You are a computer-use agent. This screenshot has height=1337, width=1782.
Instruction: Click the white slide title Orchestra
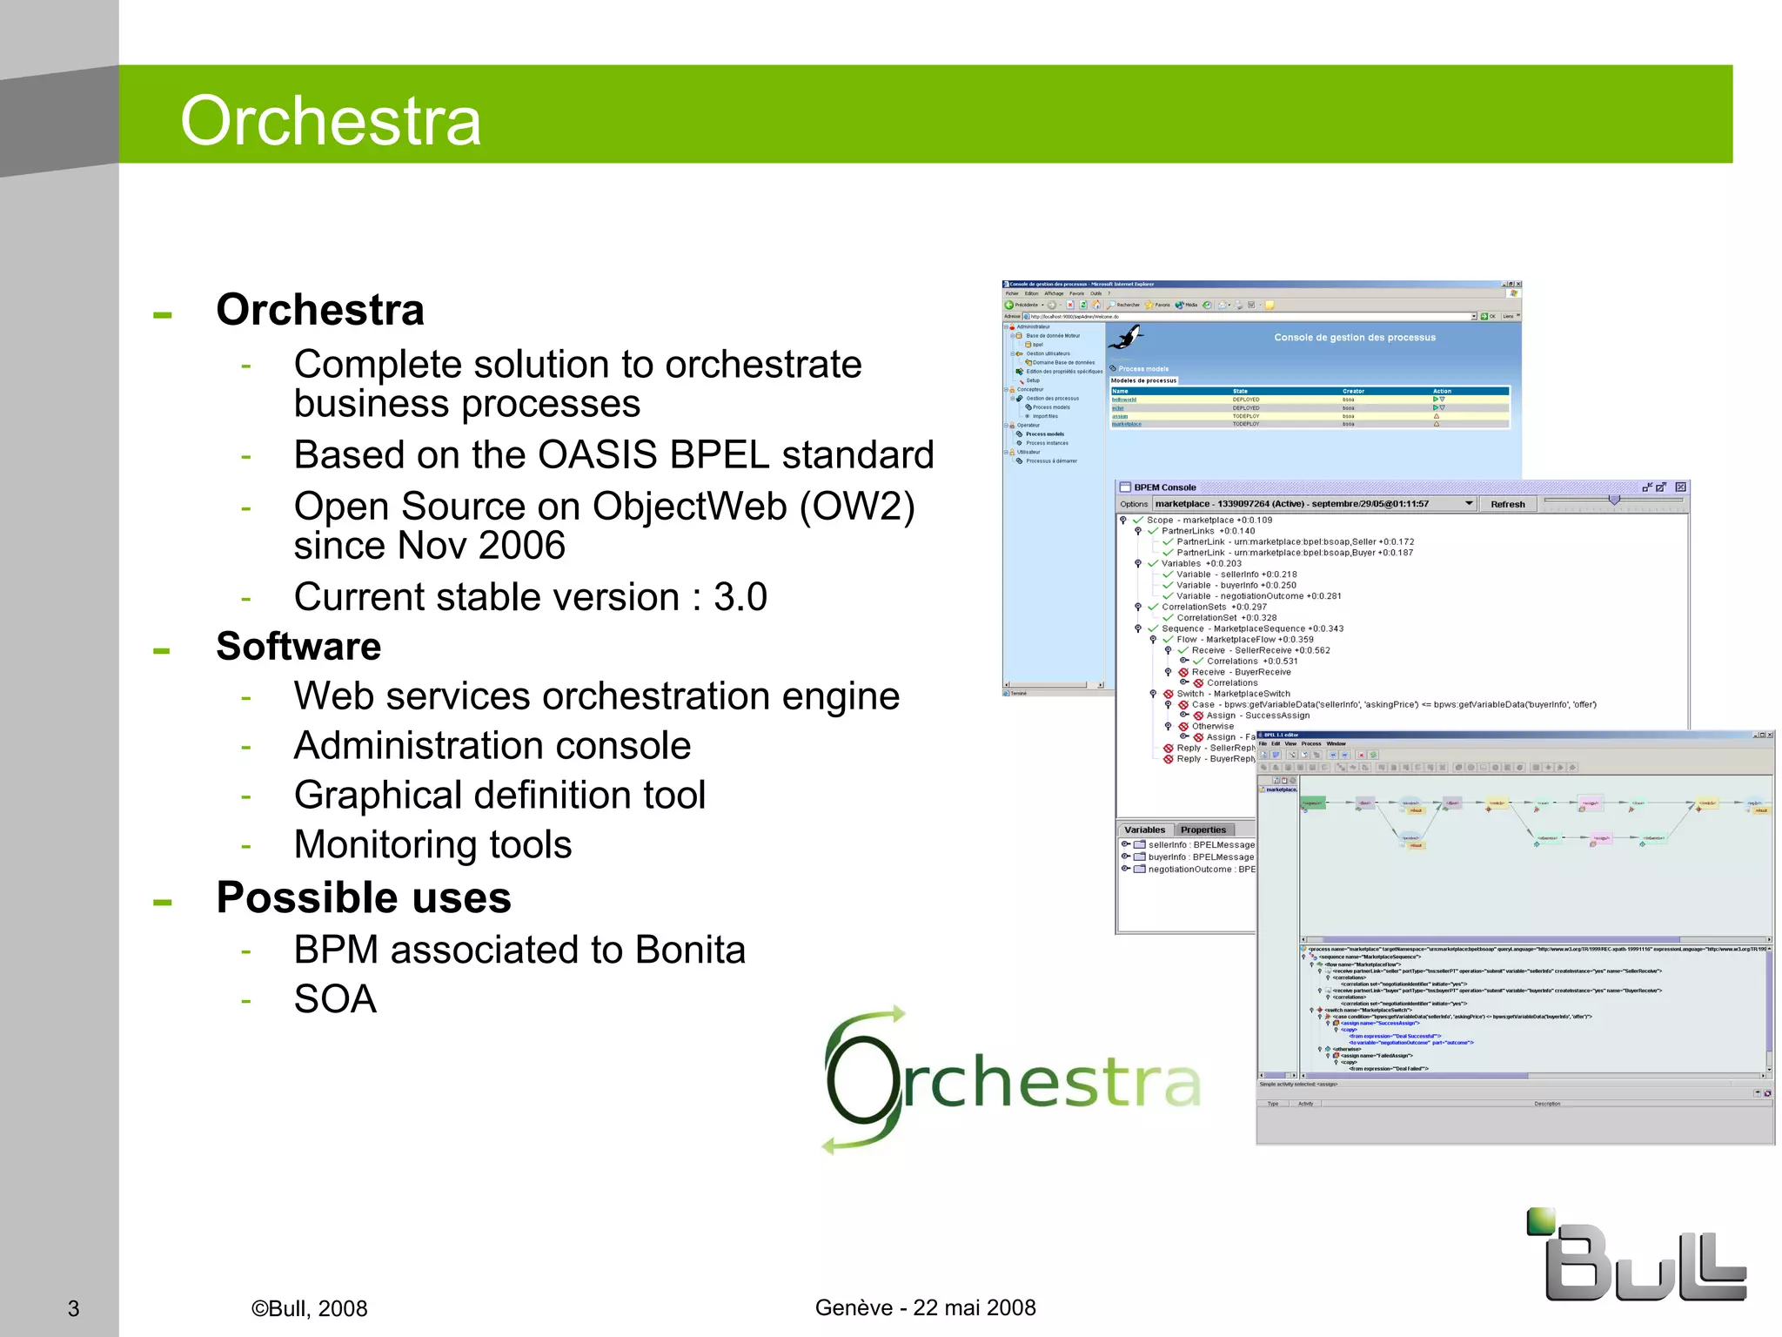(x=331, y=120)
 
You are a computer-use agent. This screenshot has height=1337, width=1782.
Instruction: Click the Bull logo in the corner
(x=1637, y=1258)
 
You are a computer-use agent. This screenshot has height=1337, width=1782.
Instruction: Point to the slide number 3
(x=74, y=1308)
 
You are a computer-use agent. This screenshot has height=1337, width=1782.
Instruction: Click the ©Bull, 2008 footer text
(x=309, y=1308)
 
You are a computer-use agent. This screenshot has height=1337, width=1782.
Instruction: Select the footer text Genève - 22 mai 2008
(x=925, y=1307)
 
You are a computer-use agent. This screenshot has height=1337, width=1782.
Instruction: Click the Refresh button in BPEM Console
(x=1507, y=504)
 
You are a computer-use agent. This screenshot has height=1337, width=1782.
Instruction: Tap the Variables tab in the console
(x=1144, y=830)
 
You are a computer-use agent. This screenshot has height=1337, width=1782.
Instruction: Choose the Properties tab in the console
(x=1203, y=830)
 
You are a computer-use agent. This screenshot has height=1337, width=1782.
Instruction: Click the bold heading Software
(x=298, y=646)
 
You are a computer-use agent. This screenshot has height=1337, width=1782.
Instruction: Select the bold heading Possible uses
(x=363, y=897)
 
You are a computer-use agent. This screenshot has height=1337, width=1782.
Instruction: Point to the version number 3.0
(x=740, y=597)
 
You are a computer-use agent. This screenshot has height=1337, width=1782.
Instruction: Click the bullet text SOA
(x=335, y=999)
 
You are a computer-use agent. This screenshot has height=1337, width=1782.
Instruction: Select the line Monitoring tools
(x=432, y=844)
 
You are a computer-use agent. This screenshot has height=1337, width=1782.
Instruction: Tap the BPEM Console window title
(x=1164, y=487)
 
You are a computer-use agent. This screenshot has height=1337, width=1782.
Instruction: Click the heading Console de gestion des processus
(x=1355, y=338)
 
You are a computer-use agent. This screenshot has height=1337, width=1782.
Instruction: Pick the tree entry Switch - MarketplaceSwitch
(x=1233, y=694)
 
